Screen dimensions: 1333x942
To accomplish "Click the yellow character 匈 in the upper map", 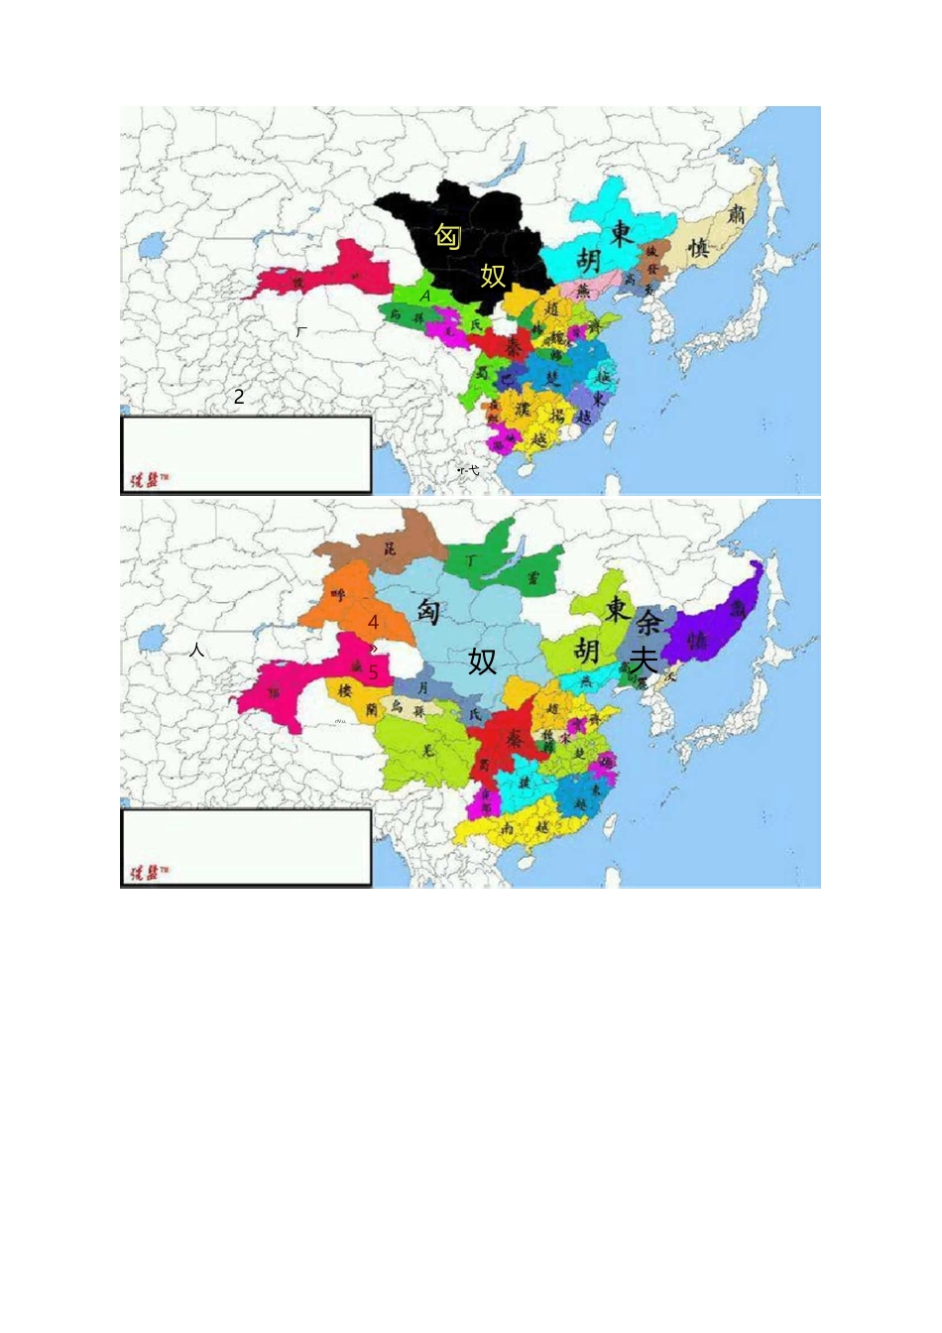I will [x=448, y=237].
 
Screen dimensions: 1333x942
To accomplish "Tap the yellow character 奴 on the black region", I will [x=493, y=275].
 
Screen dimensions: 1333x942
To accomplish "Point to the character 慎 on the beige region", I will [x=699, y=248].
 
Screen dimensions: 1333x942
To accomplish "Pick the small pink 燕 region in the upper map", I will [x=583, y=291].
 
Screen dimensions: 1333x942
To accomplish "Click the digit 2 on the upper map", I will [x=239, y=397].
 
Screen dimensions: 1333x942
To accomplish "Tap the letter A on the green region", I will [x=425, y=296].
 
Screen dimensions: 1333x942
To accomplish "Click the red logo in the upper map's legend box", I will [x=146, y=480].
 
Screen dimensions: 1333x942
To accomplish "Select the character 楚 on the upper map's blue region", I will [x=553, y=378].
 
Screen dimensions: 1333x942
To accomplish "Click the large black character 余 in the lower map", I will [x=649, y=622].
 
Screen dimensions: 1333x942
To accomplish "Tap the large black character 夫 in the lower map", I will [x=644, y=660].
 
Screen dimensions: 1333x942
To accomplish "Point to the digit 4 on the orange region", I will [x=373, y=623].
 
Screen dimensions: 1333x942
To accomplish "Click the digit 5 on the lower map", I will [x=374, y=672].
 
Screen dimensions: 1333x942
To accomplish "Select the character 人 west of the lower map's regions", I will [x=197, y=651].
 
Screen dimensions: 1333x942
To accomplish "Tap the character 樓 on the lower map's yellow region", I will [x=345, y=690].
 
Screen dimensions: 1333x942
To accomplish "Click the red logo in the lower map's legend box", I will [x=146, y=873].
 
